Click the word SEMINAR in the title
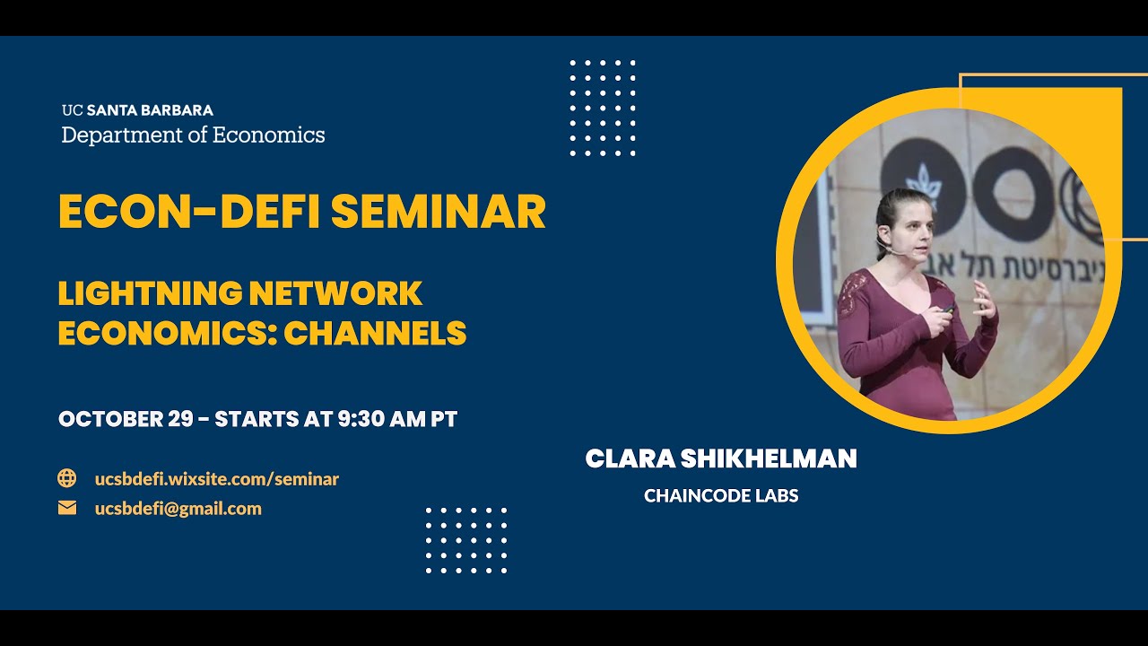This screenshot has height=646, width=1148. tap(439, 212)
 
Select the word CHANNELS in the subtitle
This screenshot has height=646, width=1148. tap(376, 334)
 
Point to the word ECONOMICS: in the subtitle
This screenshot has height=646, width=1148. tap(166, 334)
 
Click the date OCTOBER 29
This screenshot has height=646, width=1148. tap(126, 419)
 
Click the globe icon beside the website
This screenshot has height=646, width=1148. tap(67, 478)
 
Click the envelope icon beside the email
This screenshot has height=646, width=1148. tap(67, 508)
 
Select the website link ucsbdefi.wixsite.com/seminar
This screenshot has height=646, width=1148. tap(217, 479)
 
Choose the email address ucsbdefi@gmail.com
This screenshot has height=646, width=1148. tap(178, 509)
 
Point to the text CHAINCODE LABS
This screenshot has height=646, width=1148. tap(721, 495)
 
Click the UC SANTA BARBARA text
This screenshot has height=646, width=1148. tap(137, 110)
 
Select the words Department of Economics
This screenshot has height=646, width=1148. tap(193, 135)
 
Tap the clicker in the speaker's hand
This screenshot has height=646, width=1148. tap(949, 309)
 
